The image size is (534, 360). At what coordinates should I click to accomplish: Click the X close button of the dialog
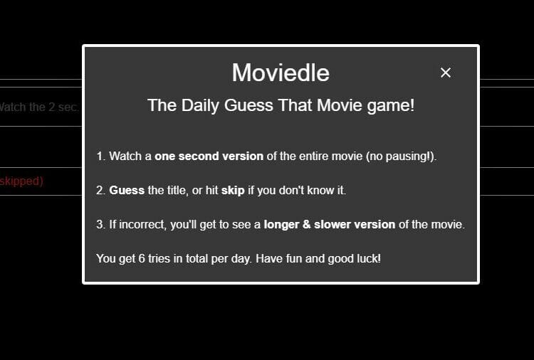[x=446, y=73]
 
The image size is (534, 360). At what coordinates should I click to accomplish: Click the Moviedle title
[x=281, y=73]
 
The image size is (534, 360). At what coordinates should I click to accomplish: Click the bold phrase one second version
[x=209, y=157]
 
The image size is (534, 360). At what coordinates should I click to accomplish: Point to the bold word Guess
[x=127, y=190]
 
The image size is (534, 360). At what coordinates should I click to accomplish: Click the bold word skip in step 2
[x=233, y=190]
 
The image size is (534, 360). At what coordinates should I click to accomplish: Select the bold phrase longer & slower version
[x=330, y=225]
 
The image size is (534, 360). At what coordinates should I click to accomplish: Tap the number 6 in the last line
[x=142, y=258]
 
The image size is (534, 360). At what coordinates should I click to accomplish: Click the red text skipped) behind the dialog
[x=21, y=181]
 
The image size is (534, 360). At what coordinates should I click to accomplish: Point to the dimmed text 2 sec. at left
[x=63, y=107]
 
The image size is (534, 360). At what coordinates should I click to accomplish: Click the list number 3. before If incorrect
[x=100, y=225]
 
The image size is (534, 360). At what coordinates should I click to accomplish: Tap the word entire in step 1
[x=313, y=157]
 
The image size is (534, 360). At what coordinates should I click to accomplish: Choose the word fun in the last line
[x=293, y=258]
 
